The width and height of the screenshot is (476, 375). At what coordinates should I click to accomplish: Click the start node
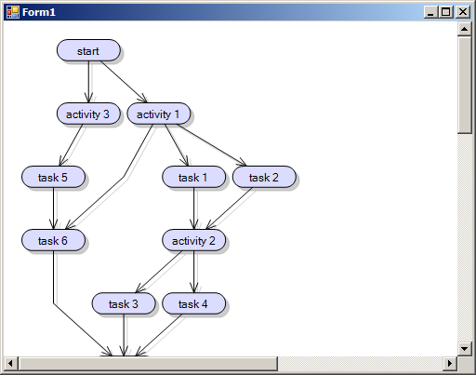click(88, 50)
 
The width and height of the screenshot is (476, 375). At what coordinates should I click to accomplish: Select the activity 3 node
click(88, 114)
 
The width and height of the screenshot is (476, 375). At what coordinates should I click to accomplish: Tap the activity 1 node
click(159, 114)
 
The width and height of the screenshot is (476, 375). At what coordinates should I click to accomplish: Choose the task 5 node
click(53, 177)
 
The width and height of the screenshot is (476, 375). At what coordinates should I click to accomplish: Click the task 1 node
click(194, 177)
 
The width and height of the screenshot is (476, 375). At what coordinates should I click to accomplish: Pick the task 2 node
click(264, 177)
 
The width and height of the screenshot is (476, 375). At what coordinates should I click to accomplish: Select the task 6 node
click(53, 240)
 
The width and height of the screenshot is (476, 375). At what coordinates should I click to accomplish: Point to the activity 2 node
click(194, 240)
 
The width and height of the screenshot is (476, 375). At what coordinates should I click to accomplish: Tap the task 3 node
click(124, 303)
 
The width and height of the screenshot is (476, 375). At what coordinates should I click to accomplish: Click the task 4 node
click(194, 303)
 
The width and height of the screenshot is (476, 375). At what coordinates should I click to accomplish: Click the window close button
click(463, 12)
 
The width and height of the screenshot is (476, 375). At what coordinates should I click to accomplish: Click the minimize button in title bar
click(430, 12)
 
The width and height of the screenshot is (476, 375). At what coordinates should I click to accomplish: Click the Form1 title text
click(39, 12)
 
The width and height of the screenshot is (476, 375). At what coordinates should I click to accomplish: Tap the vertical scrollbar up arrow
click(464, 29)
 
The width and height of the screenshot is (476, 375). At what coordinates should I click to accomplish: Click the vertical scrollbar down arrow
click(464, 349)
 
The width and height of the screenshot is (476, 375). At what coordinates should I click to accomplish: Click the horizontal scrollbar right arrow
click(450, 363)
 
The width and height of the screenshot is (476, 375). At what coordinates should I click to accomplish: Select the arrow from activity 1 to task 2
click(212, 145)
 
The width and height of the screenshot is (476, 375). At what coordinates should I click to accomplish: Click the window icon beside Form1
click(13, 12)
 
